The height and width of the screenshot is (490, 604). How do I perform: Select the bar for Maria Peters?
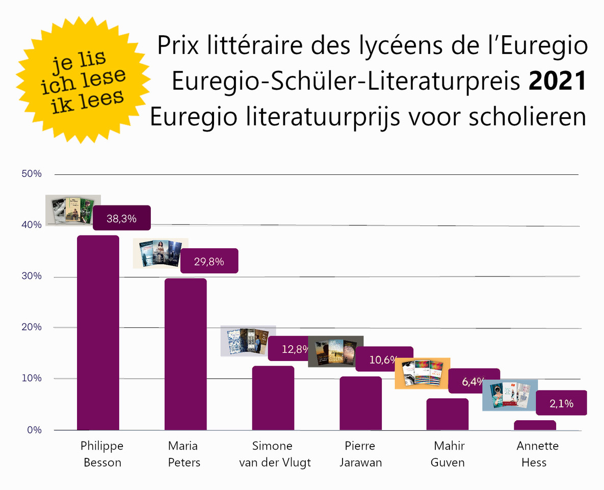pyautogui.click(x=186, y=354)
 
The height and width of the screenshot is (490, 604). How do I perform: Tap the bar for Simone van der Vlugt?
pyautogui.click(x=273, y=398)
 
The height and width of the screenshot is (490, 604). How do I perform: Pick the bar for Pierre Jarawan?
pyautogui.click(x=361, y=403)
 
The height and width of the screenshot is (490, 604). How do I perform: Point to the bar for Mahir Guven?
pyautogui.click(x=448, y=414)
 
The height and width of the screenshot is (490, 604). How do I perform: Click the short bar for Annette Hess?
pyautogui.click(x=535, y=425)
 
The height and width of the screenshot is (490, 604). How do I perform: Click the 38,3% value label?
pyautogui.click(x=121, y=219)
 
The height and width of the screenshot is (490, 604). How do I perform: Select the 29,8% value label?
pyautogui.click(x=209, y=262)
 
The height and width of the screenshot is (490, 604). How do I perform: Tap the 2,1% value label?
pyautogui.click(x=562, y=403)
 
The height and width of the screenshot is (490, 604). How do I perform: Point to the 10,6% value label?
pyautogui.click(x=383, y=359)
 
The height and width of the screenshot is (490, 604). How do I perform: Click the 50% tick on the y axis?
pyautogui.click(x=31, y=174)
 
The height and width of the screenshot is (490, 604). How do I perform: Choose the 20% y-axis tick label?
pyautogui.click(x=31, y=327)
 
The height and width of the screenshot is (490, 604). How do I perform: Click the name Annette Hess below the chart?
pyautogui.click(x=537, y=454)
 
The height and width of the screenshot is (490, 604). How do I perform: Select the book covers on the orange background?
pyautogui.click(x=423, y=373)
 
